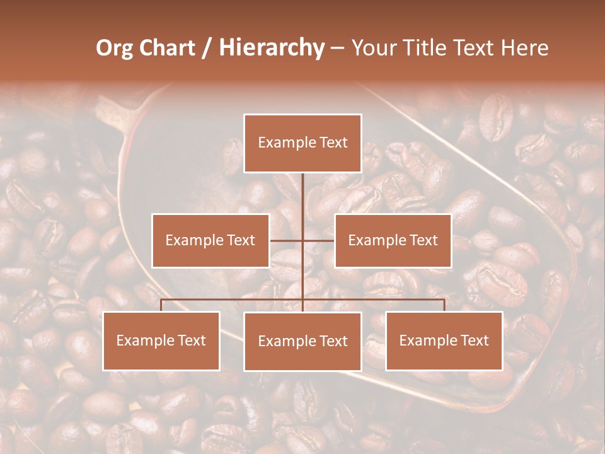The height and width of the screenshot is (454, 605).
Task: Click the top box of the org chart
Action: [x=302, y=143]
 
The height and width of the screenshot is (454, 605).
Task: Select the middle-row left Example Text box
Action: [x=210, y=240]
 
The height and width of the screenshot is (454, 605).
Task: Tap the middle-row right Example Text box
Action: [x=393, y=240]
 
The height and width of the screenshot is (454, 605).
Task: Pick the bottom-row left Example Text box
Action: [x=161, y=340]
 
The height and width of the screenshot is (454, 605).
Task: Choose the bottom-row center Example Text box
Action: [x=302, y=341]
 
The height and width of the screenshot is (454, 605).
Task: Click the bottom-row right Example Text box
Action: [x=444, y=340]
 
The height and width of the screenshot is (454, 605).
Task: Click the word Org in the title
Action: [x=115, y=48]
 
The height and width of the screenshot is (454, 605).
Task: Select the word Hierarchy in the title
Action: [x=272, y=48]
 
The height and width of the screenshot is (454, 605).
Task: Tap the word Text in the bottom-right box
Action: [x=474, y=340]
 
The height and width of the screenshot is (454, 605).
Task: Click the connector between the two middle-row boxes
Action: [x=302, y=240]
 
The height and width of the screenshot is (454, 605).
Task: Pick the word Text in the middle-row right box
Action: [x=423, y=240]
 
